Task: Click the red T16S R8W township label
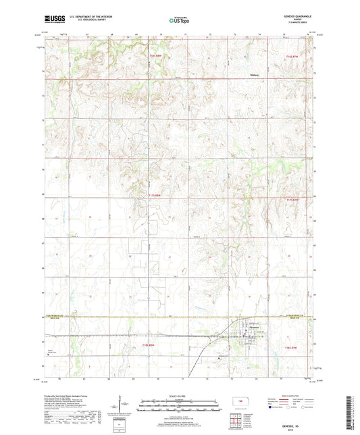point(155,56)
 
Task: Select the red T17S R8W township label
point(155,195)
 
